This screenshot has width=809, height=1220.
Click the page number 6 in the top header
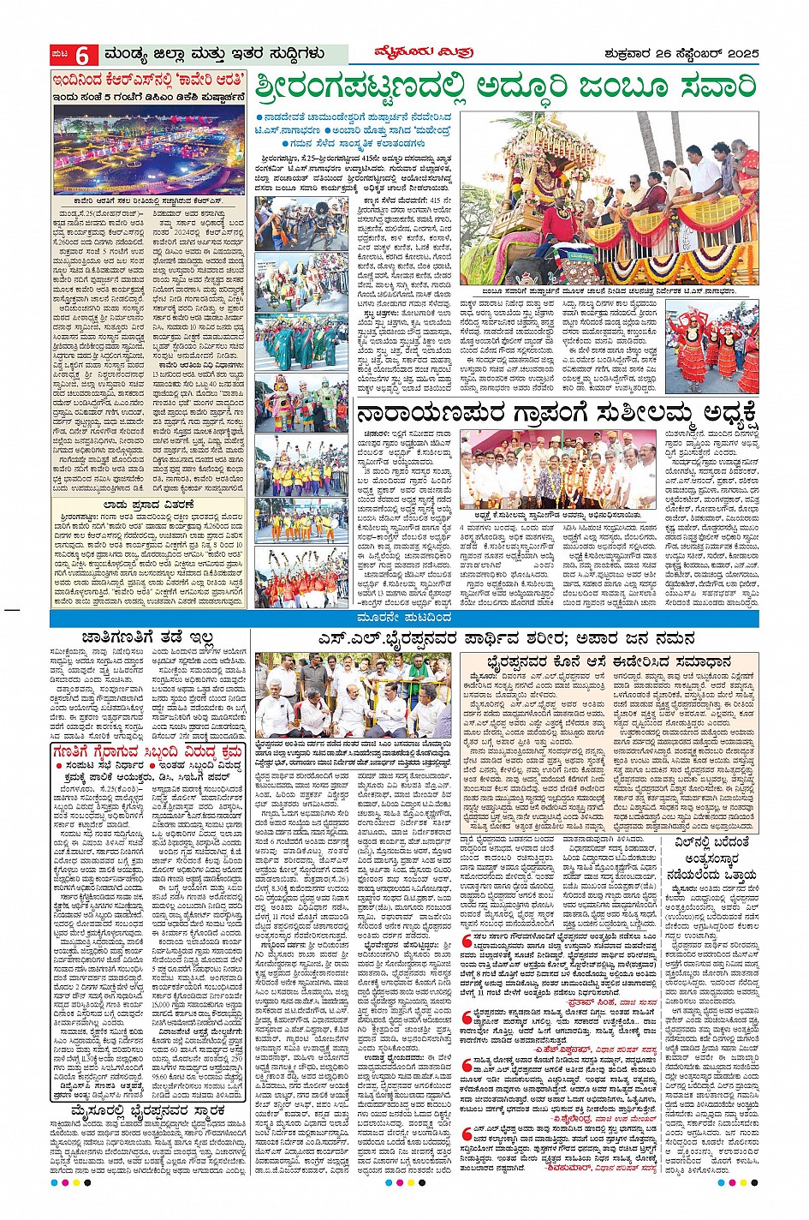pyautogui.click(x=82, y=55)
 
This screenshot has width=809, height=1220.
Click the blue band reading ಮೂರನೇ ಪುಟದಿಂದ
pyautogui.click(x=404, y=619)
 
